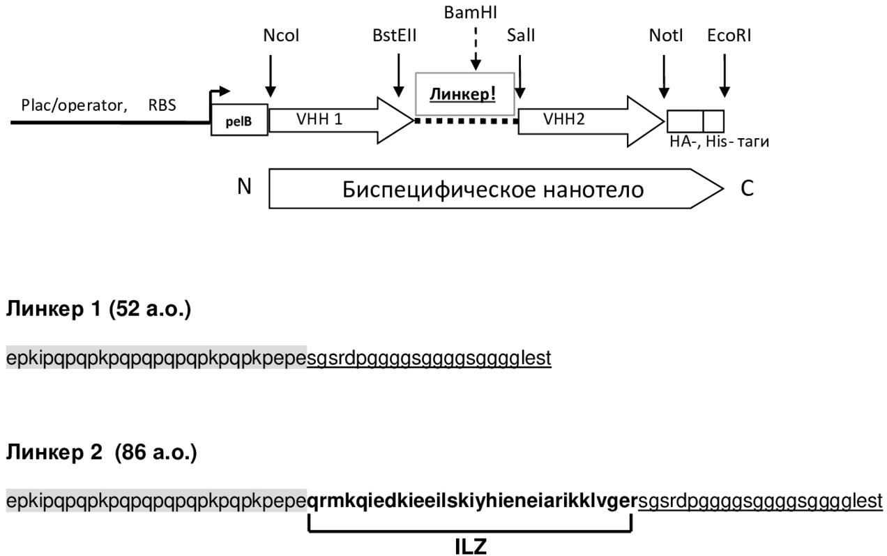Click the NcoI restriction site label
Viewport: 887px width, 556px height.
point(281,36)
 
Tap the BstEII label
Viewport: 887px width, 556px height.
point(395,36)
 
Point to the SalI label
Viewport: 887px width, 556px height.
point(521,36)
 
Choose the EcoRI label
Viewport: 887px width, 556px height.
point(729,36)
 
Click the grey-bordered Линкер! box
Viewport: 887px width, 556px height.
point(464,93)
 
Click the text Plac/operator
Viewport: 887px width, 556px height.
point(74,105)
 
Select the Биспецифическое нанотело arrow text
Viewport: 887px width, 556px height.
point(492,189)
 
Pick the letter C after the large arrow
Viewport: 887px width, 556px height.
point(747,188)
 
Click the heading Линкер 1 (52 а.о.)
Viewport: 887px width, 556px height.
point(98,310)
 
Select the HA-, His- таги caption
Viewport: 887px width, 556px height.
point(718,142)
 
